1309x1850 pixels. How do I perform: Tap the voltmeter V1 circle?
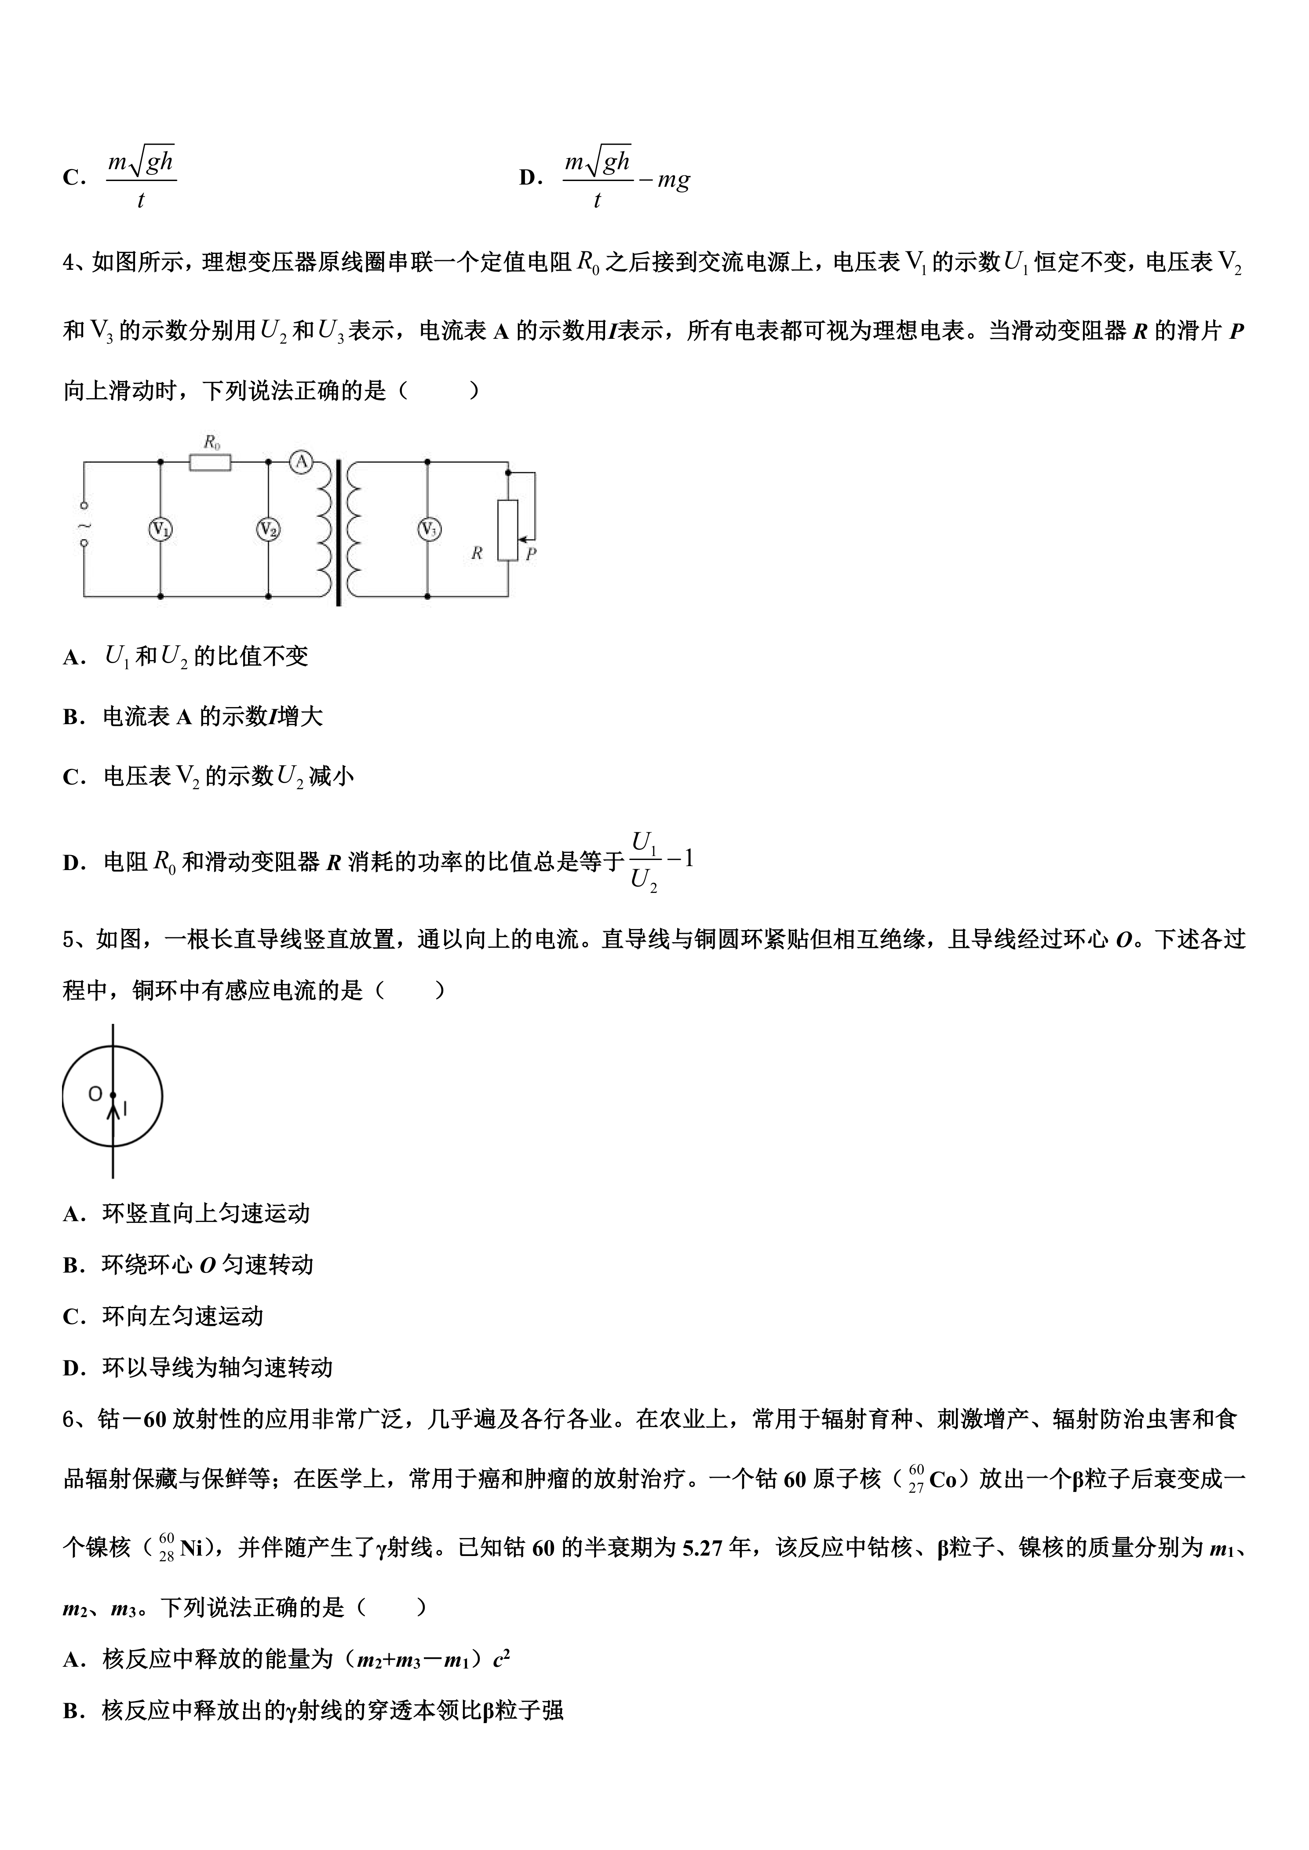coord(161,530)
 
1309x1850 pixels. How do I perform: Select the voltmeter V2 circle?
coord(268,530)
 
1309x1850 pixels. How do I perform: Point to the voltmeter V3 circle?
coord(428,530)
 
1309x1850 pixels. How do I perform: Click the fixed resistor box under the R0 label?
coord(210,462)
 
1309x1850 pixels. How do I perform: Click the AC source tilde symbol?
coord(84,526)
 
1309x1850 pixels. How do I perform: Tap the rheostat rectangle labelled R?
coord(508,530)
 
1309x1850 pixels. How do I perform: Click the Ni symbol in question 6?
coord(191,1548)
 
